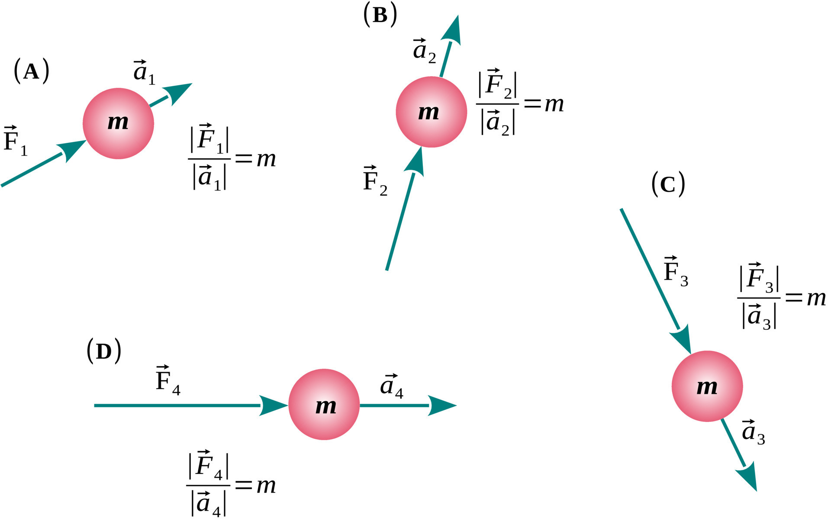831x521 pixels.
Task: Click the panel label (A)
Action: [x=31, y=71]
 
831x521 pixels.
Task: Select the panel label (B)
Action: [x=380, y=16]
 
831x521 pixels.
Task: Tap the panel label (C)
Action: [x=668, y=185]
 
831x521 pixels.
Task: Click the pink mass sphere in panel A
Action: [x=118, y=123]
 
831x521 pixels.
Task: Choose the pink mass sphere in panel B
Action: [x=431, y=112]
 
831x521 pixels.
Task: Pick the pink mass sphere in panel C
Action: [x=707, y=386]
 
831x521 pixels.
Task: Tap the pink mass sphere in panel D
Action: [x=324, y=405]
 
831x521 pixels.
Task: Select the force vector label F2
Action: [x=375, y=180]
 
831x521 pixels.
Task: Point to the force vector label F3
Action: [x=676, y=271]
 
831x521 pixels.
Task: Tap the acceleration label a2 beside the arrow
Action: [x=424, y=51]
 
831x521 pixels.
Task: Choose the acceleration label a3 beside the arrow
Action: [x=754, y=431]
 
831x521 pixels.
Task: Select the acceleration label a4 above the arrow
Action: [x=392, y=386]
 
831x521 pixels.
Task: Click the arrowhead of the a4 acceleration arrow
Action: [x=444, y=405]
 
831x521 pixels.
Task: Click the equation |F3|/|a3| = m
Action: [x=781, y=297]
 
